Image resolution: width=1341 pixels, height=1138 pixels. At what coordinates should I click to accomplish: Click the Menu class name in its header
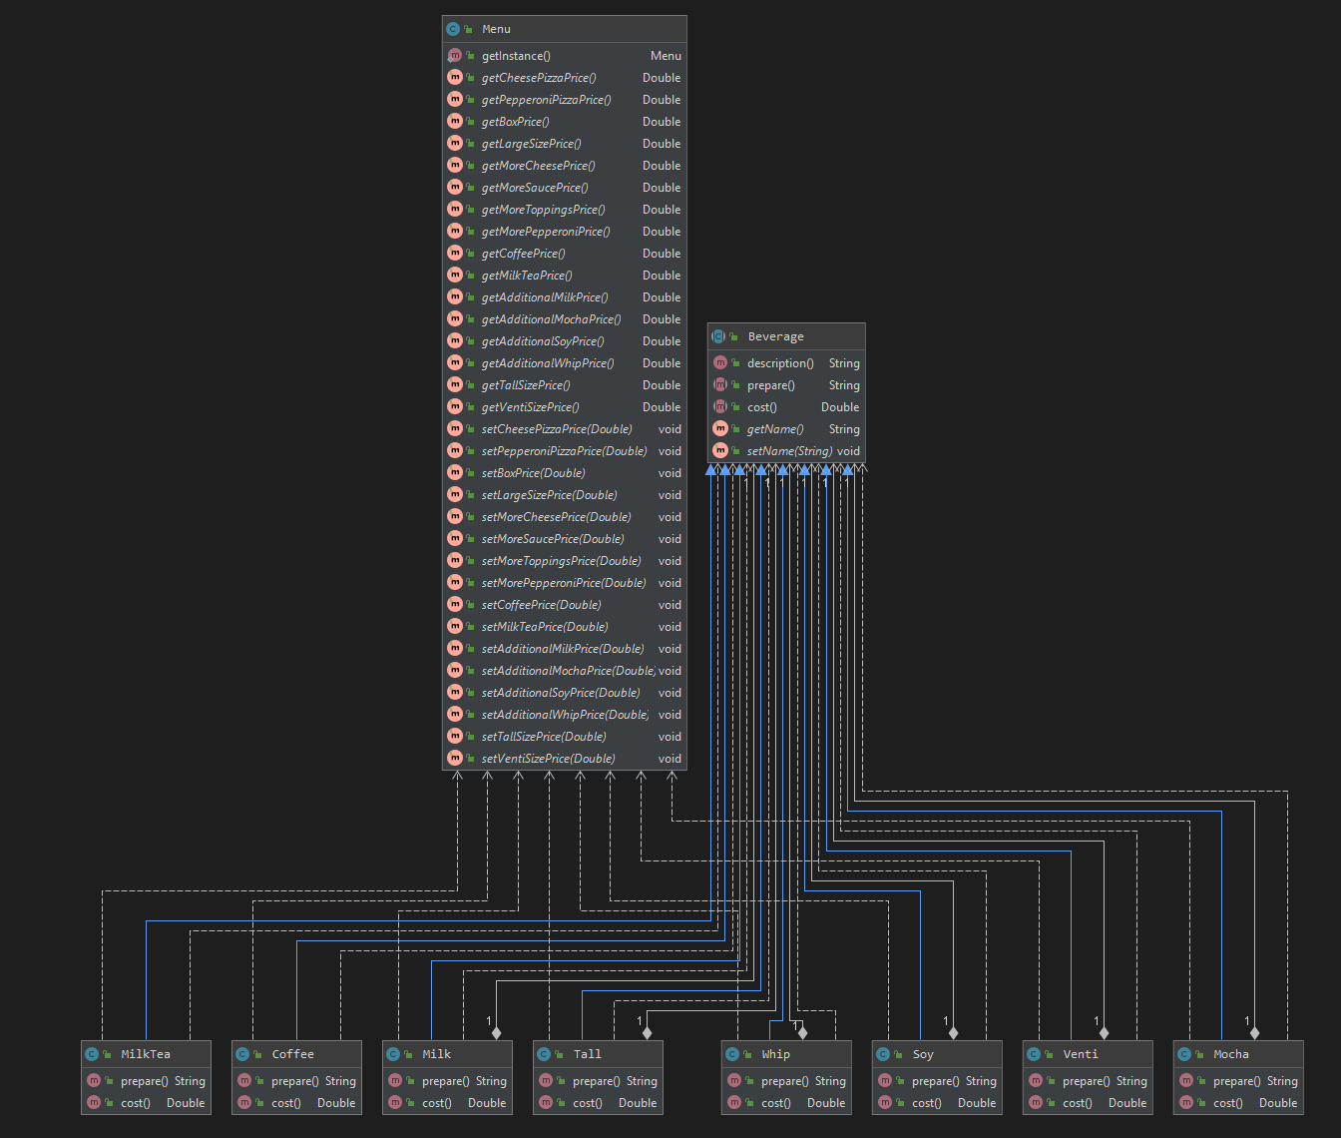(x=496, y=29)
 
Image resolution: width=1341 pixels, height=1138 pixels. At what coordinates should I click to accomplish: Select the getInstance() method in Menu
(x=516, y=56)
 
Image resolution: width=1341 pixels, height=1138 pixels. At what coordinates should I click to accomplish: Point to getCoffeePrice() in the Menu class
(x=523, y=254)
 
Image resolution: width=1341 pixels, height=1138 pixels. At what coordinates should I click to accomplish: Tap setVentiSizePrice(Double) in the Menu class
(x=548, y=759)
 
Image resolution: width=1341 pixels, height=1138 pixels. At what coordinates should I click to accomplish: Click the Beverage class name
(x=775, y=336)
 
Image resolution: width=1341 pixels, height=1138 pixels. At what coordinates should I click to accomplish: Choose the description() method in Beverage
(x=780, y=363)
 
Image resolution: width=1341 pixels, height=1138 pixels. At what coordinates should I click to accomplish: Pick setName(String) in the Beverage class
(x=789, y=451)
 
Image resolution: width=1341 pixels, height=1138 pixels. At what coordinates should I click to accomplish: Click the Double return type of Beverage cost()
(x=840, y=407)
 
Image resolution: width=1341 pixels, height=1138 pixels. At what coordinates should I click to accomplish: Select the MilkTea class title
(x=146, y=1054)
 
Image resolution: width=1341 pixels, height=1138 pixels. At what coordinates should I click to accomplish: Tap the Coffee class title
(x=292, y=1054)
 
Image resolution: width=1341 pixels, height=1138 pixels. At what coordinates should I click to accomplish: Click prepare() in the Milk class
(x=444, y=1081)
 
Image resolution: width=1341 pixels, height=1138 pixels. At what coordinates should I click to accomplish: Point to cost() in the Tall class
(x=588, y=1103)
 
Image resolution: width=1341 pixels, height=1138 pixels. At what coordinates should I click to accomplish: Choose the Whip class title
(x=775, y=1054)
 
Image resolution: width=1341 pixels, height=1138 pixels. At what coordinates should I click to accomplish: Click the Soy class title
(x=923, y=1054)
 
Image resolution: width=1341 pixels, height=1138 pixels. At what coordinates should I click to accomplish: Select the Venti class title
(x=1081, y=1054)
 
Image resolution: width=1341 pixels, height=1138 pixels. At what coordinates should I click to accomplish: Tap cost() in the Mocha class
(x=1228, y=1103)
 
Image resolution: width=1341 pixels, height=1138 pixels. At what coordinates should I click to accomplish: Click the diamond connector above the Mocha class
(x=1254, y=1033)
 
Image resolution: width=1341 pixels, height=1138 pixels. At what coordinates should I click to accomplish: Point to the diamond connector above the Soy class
(x=953, y=1033)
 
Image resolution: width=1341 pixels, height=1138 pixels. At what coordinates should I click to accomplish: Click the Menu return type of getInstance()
(x=666, y=56)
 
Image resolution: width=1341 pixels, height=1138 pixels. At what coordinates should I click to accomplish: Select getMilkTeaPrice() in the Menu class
(x=527, y=276)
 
